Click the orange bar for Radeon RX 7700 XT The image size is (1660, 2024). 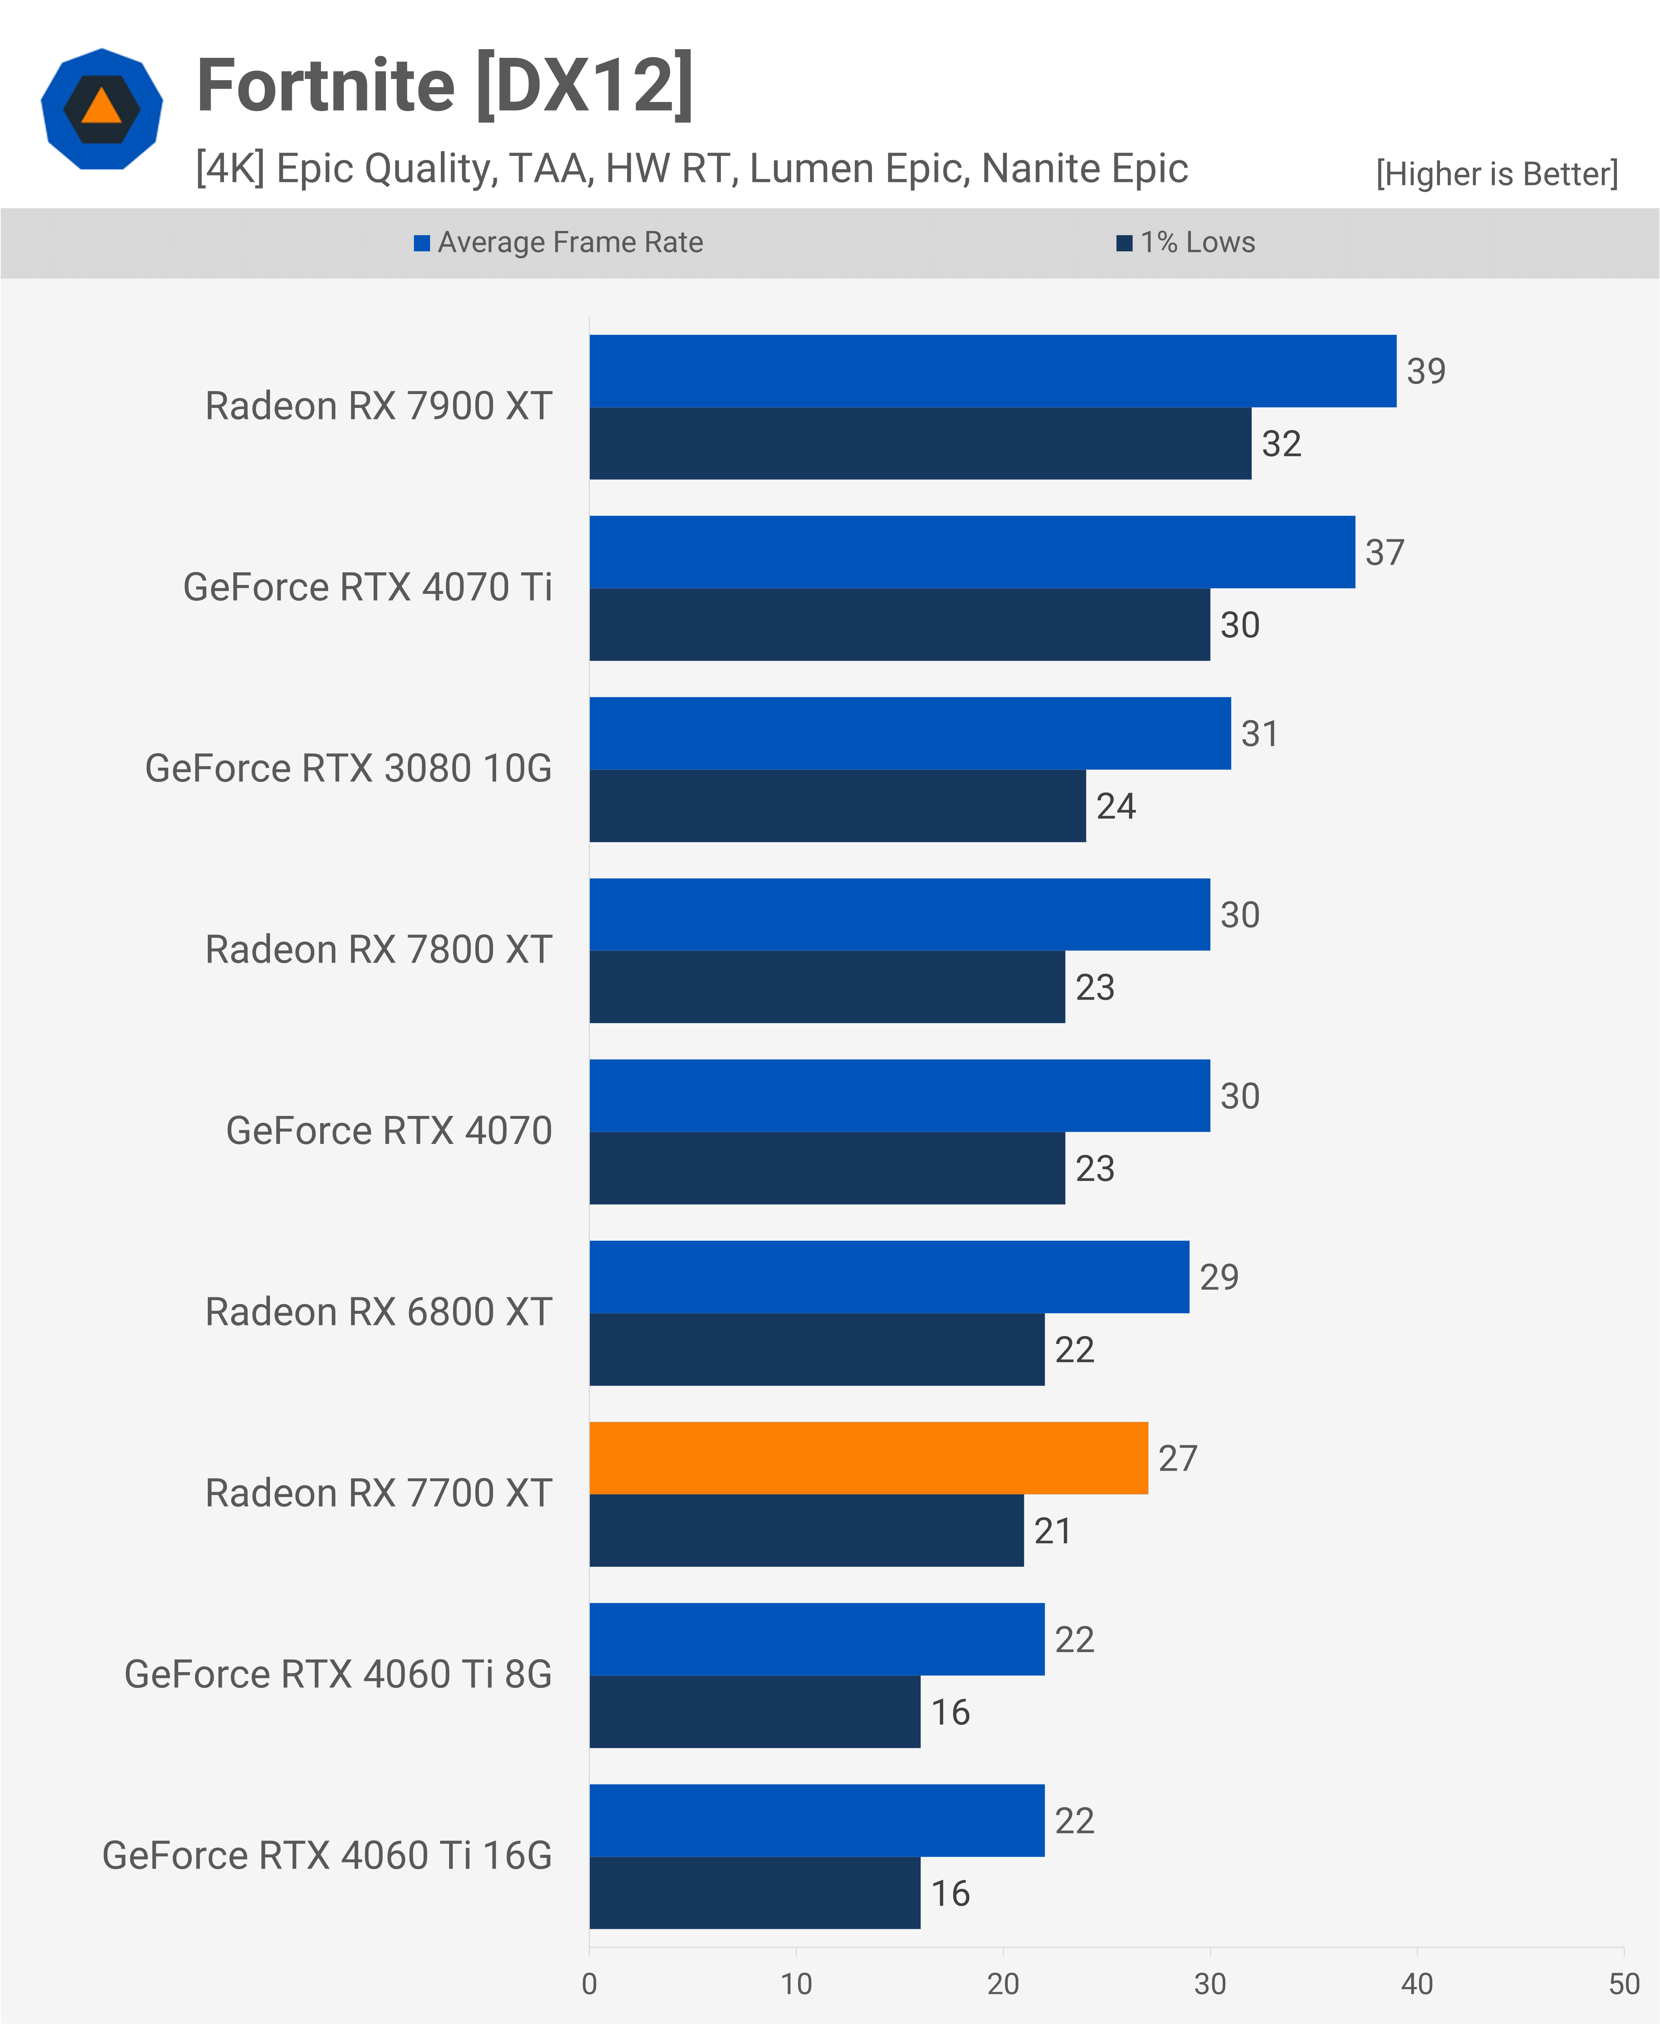868,1458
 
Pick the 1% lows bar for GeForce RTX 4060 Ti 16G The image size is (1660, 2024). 755,1893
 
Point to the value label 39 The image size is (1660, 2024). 1426,371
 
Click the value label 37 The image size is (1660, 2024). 1385,552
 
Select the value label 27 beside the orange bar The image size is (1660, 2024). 1177,1458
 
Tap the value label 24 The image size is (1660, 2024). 1116,806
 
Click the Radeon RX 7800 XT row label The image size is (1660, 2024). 379,950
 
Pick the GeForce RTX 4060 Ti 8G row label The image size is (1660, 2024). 339,1675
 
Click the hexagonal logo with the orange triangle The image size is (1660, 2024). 101,109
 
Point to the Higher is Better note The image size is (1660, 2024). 1497,174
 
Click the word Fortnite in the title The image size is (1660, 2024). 325,86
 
